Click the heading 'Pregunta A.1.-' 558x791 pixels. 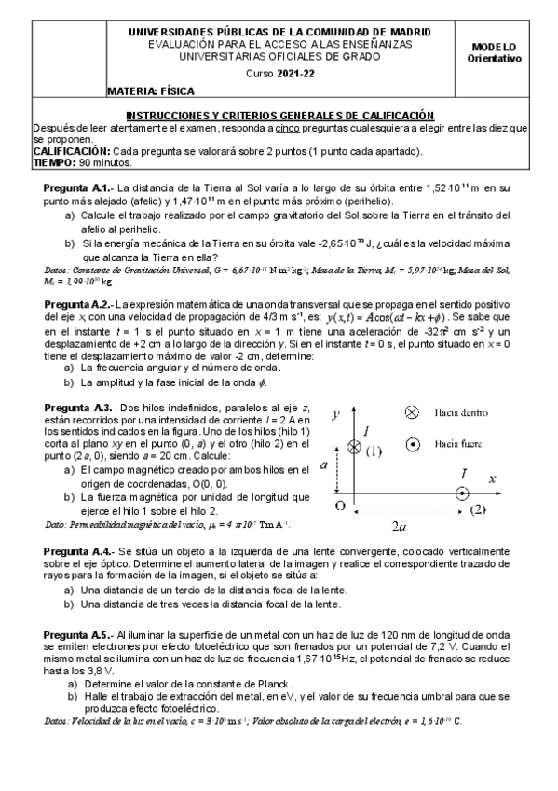point(78,187)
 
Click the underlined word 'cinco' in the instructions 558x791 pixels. point(289,127)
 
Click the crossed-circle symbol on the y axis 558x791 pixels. point(354,448)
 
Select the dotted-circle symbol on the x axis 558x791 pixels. point(462,493)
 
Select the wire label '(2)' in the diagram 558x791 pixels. point(477,509)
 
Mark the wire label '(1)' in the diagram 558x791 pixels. point(374,451)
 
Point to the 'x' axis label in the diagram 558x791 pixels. point(494,478)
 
